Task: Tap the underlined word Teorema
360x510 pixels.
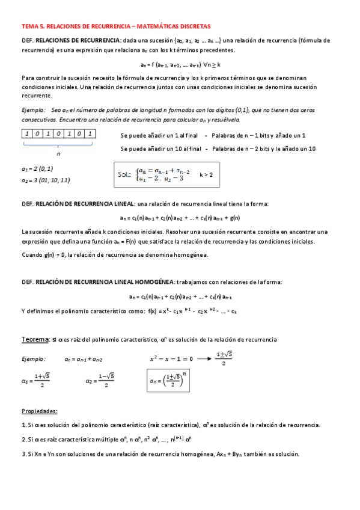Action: pyautogui.click(x=35, y=340)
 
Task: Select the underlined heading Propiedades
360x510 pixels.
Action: pyautogui.click(x=40, y=411)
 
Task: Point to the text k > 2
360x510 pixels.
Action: pyautogui.click(x=206, y=175)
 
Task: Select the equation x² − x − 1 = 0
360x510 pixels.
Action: pyautogui.click(x=171, y=358)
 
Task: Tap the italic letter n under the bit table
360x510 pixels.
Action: pyautogui.click(x=58, y=154)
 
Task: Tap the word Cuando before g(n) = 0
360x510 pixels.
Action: pyautogui.click(x=32, y=255)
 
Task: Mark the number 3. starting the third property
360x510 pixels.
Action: pyautogui.click(x=23, y=454)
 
